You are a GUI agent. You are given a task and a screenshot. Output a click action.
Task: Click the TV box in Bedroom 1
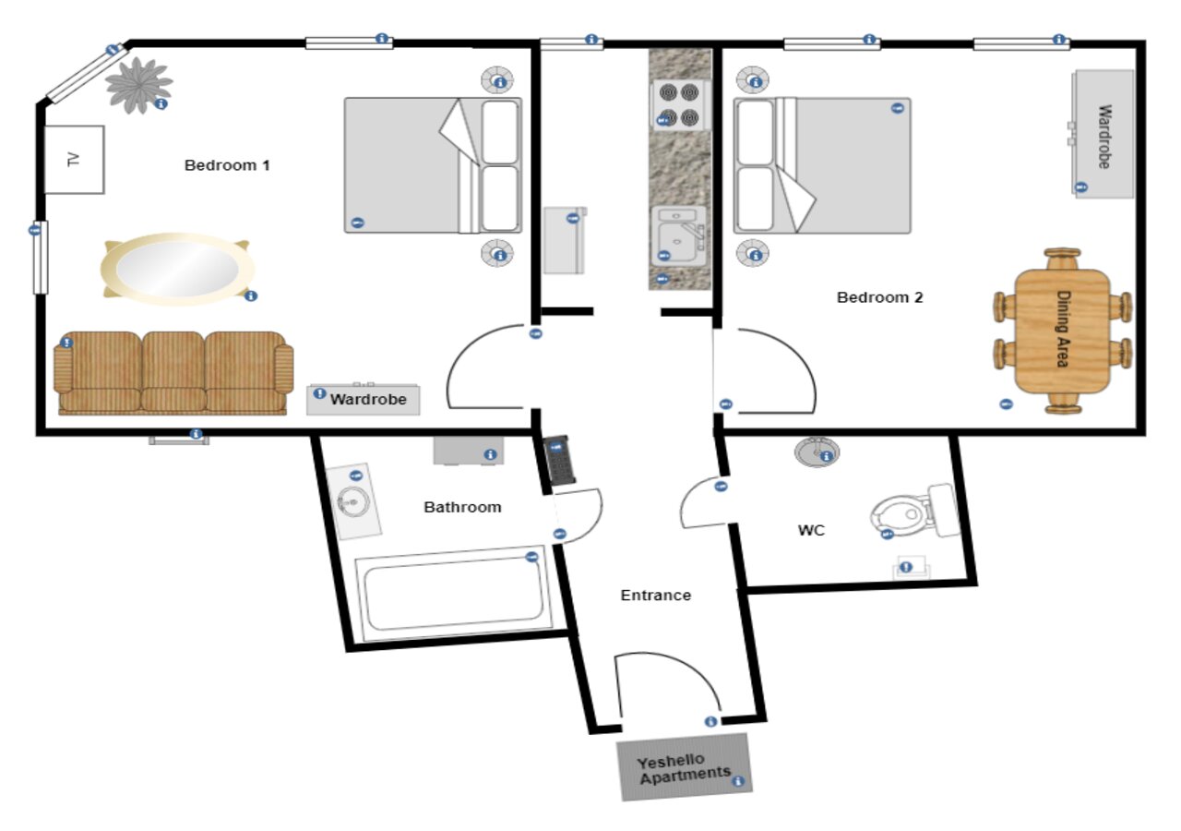click(74, 160)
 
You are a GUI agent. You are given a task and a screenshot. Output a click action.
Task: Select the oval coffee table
click(177, 269)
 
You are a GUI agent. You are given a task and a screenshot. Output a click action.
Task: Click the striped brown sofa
click(173, 372)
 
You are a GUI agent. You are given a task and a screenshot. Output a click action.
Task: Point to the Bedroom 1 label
click(227, 165)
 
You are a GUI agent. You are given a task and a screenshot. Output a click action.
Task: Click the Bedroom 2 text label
click(880, 297)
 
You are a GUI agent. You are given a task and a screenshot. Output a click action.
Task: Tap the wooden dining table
click(1062, 331)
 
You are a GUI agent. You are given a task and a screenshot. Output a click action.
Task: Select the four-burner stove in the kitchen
click(679, 105)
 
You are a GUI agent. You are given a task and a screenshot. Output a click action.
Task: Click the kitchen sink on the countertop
click(679, 235)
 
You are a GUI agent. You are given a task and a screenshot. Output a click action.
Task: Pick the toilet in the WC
click(915, 511)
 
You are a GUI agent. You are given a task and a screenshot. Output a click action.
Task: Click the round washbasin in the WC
click(817, 452)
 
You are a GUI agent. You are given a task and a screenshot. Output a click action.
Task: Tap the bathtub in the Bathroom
click(453, 593)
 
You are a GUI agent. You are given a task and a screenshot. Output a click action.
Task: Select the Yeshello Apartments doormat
click(685, 767)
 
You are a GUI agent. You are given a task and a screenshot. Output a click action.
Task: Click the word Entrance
click(656, 596)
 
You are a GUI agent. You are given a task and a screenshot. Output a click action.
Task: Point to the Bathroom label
click(462, 507)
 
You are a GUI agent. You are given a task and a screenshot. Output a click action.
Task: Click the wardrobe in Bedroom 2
click(1103, 134)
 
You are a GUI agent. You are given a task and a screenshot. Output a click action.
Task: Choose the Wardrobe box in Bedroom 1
click(364, 399)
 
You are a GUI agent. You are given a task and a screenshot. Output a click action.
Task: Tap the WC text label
click(811, 530)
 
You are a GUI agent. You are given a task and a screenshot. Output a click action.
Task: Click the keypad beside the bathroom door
click(559, 460)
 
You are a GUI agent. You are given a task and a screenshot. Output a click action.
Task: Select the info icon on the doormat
click(738, 781)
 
